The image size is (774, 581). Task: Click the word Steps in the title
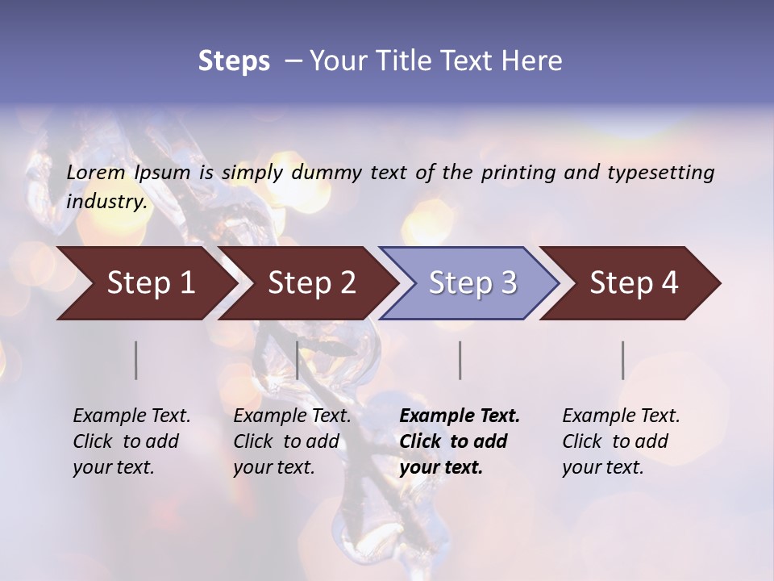(x=234, y=61)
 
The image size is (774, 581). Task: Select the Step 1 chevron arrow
(x=151, y=283)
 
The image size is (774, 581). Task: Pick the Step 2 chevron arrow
(x=312, y=283)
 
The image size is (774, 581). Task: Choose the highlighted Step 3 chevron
(x=472, y=283)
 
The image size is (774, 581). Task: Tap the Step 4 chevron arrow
(x=634, y=283)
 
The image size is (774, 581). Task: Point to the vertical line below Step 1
(x=136, y=360)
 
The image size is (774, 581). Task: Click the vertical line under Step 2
(x=298, y=360)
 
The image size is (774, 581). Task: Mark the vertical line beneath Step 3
(x=460, y=360)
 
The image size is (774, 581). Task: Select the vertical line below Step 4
(x=623, y=360)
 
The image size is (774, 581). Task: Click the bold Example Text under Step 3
(x=460, y=416)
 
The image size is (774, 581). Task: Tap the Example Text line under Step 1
(x=131, y=416)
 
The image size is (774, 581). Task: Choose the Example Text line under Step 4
(x=621, y=416)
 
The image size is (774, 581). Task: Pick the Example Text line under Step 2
(x=292, y=416)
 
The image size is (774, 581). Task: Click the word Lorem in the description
(x=96, y=173)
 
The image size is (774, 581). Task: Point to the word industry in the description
(x=106, y=202)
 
